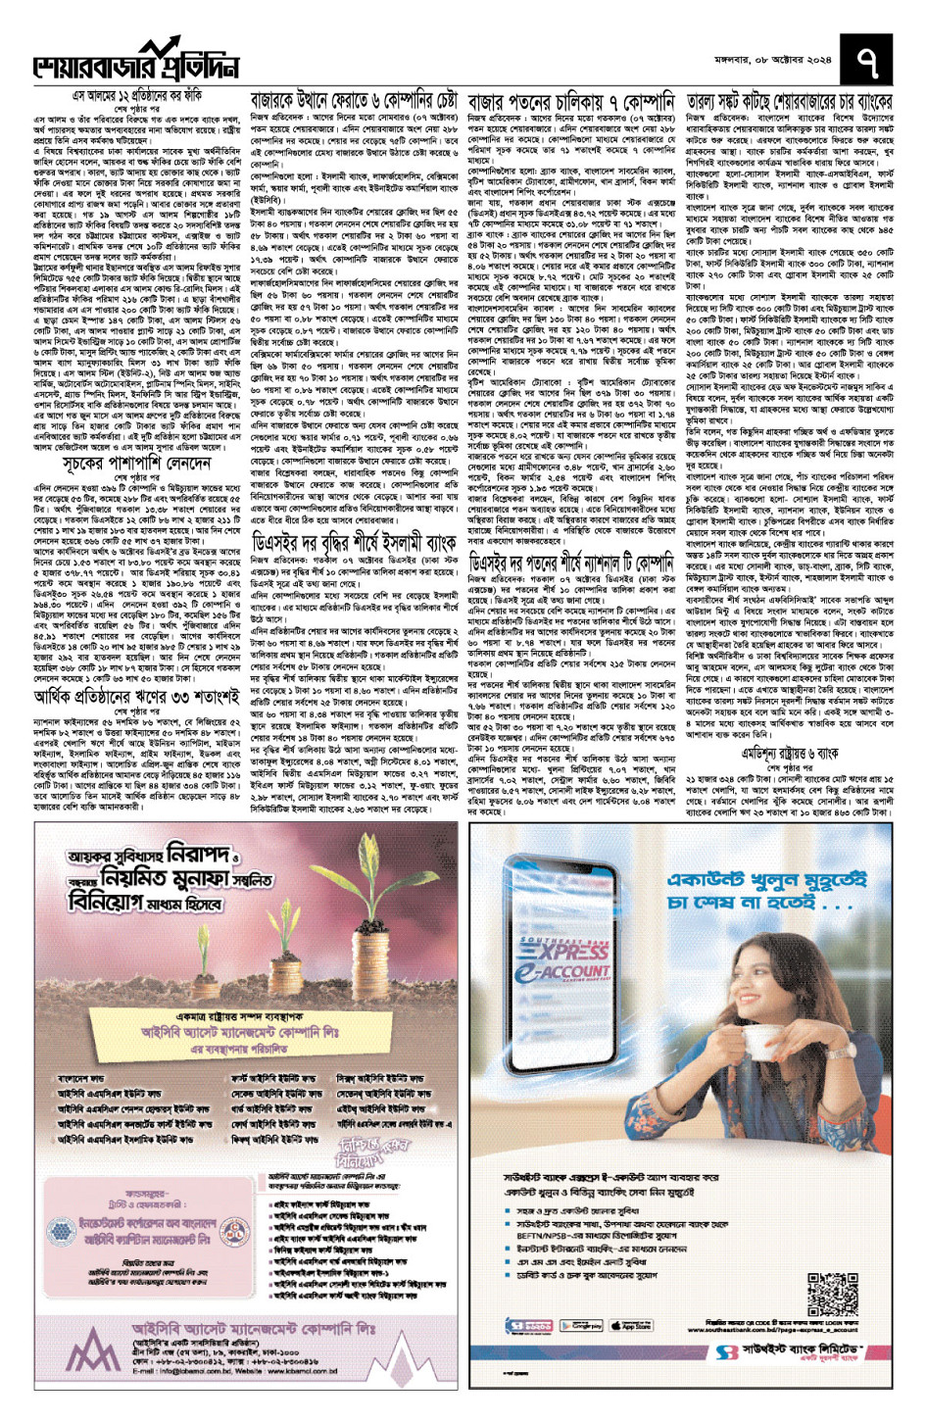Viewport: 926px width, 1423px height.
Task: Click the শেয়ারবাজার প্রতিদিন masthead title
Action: pos(137,64)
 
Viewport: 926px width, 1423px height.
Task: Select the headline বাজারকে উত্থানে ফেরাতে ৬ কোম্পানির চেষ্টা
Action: pos(353,101)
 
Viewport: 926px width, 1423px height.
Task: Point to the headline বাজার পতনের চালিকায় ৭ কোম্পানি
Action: pos(571,101)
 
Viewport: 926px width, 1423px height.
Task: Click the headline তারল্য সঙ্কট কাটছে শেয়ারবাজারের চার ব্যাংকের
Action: pos(789,101)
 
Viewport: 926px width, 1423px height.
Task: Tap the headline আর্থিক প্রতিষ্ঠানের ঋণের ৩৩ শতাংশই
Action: pos(136,698)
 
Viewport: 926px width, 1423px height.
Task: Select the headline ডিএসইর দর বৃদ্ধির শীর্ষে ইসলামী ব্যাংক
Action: pos(353,541)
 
